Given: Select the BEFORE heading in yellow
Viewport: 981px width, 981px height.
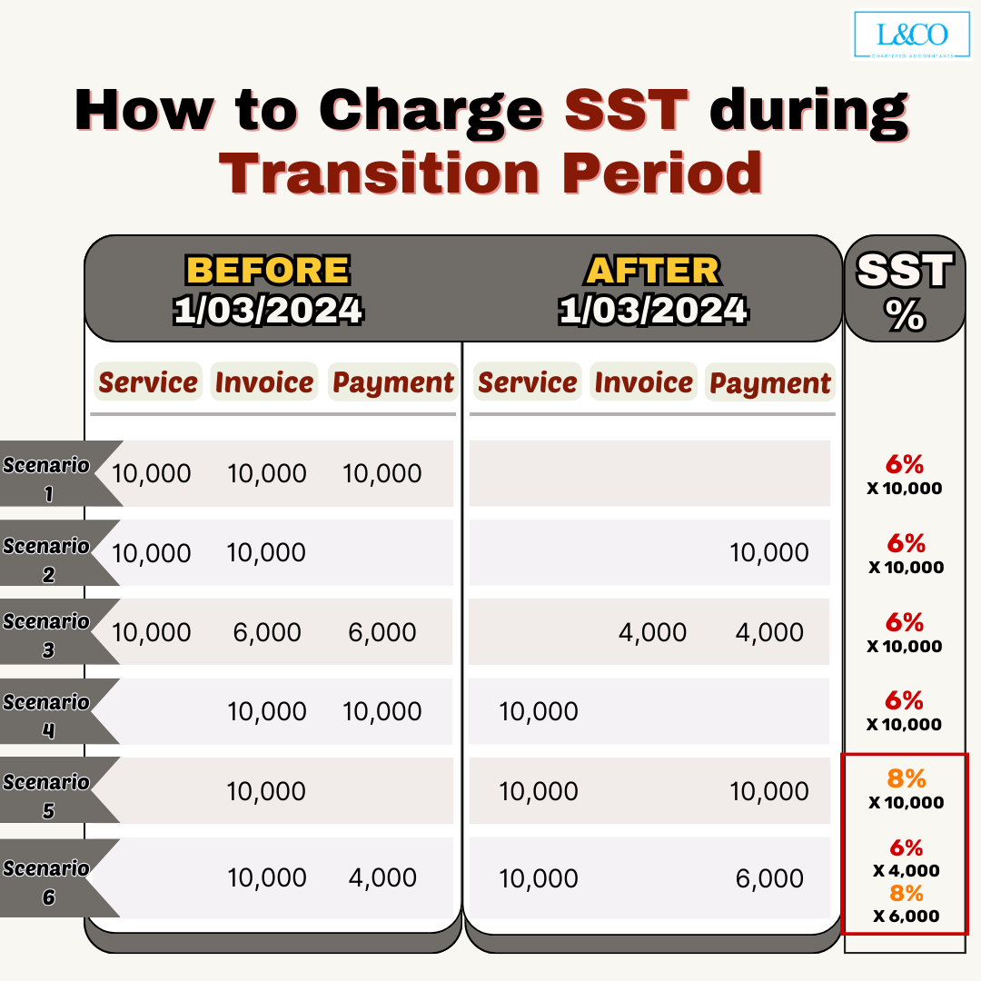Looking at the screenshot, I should point(268,270).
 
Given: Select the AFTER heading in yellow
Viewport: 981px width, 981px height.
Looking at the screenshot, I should point(652,270).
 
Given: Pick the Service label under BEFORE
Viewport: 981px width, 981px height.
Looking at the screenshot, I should point(148,382).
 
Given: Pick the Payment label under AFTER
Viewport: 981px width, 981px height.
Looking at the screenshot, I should point(769,383).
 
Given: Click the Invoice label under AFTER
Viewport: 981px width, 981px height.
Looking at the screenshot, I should point(643,382).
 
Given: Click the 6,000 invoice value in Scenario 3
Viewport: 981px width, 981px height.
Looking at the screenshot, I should point(267,632).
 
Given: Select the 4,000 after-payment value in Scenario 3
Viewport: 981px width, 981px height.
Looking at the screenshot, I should point(769,632).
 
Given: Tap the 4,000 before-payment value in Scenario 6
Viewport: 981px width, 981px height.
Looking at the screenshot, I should point(382,877).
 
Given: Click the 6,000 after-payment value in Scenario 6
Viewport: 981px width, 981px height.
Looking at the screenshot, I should point(769,878).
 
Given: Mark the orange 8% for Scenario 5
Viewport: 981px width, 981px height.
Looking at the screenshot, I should point(906,778).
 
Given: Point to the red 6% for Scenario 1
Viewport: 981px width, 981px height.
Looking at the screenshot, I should point(906,464).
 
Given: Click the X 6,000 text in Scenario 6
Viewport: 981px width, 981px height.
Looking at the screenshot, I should point(906,916).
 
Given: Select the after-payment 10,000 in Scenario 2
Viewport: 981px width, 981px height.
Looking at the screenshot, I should point(769,552).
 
